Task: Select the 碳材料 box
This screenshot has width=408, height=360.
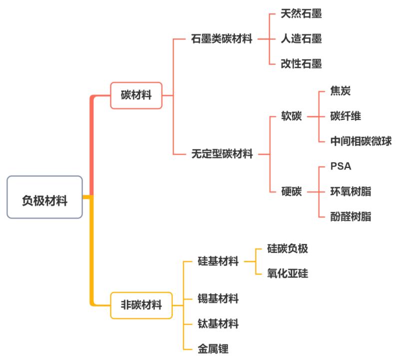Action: [x=136, y=95]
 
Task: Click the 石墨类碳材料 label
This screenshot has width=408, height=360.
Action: [x=222, y=38]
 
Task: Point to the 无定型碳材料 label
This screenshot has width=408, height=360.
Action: [x=222, y=154]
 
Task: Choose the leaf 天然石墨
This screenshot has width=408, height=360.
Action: [x=301, y=13]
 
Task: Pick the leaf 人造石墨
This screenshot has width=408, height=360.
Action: [x=301, y=38]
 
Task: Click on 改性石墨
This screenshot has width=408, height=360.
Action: [x=301, y=63]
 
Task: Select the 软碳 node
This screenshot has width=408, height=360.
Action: [x=292, y=116]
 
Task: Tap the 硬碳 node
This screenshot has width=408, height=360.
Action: [x=292, y=191]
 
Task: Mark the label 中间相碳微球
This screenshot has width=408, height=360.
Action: [x=361, y=141]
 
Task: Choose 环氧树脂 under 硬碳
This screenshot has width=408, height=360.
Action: [x=351, y=191]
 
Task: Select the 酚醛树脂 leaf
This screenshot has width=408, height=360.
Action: [x=351, y=216]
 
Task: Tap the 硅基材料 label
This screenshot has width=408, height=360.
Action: [x=218, y=261]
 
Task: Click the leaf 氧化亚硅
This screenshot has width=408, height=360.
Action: [x=288, y=273]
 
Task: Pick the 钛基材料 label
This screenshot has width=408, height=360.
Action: [x=218, y=323]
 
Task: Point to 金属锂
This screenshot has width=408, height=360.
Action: [x=213, y=348]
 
